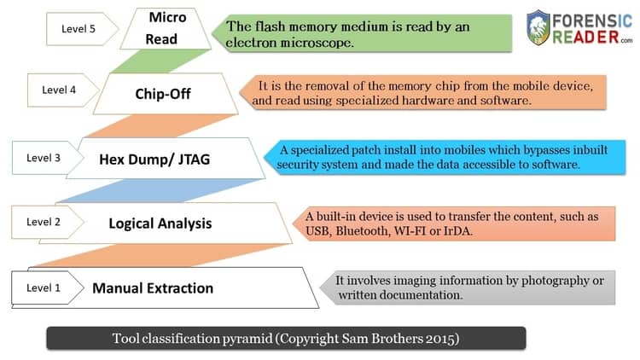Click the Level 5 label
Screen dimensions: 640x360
[79, 29]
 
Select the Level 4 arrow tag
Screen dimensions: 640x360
[63, 90]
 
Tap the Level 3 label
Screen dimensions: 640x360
[44, 158]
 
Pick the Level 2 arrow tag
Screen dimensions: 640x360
[48, 222]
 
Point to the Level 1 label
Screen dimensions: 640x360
[44, 287]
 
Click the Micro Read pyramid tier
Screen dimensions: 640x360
[166, 28]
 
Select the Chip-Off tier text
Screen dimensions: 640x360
[163, 94]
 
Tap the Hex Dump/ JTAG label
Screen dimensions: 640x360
[154, 160]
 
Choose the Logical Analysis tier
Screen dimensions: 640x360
[160, 224]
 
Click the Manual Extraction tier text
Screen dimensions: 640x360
[153, 288]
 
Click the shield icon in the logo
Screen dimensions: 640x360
[538, 27]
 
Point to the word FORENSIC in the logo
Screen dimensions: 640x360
[592, 20]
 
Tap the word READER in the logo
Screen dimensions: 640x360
[585, 38]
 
